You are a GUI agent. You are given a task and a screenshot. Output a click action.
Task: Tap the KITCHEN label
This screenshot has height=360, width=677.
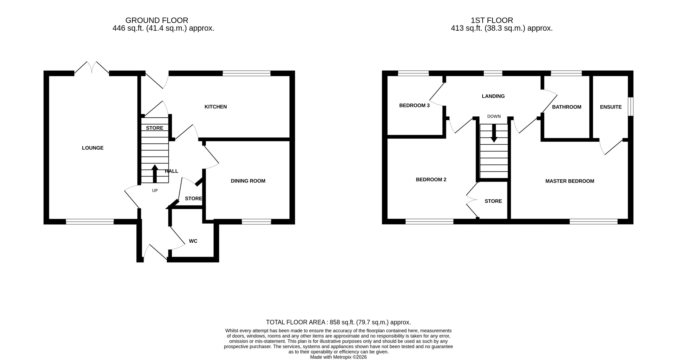pos(215,107)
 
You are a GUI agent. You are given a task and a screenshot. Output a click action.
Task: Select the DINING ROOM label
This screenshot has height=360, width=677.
pos(248,181)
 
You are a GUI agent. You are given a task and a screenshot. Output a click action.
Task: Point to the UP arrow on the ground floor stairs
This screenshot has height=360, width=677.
pos(155,173)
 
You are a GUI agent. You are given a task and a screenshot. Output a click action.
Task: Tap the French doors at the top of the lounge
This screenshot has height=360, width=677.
pos(91,68)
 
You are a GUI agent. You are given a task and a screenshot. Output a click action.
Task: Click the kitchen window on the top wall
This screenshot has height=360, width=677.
pos(246,73)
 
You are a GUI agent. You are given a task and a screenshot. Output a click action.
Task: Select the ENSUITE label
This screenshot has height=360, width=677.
pos(610,107)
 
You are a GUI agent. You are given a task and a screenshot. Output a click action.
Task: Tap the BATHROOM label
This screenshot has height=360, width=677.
pos(566,107)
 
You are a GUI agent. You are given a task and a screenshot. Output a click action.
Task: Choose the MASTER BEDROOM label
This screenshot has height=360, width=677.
pos(569,181)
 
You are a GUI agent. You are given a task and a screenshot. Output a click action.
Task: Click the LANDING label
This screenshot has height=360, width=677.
pos(493,96)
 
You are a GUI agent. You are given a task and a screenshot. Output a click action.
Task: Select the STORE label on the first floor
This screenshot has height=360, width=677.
pos(493,201)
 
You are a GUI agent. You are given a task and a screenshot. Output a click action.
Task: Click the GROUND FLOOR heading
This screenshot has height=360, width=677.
pos(157,20)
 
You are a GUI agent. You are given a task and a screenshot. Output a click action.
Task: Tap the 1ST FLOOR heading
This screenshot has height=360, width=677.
pos(492,20)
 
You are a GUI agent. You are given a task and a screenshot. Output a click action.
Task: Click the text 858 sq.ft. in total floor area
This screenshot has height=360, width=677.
pos(342,322)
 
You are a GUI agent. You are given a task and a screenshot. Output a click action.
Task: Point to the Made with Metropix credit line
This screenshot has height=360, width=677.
pos(338,357)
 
